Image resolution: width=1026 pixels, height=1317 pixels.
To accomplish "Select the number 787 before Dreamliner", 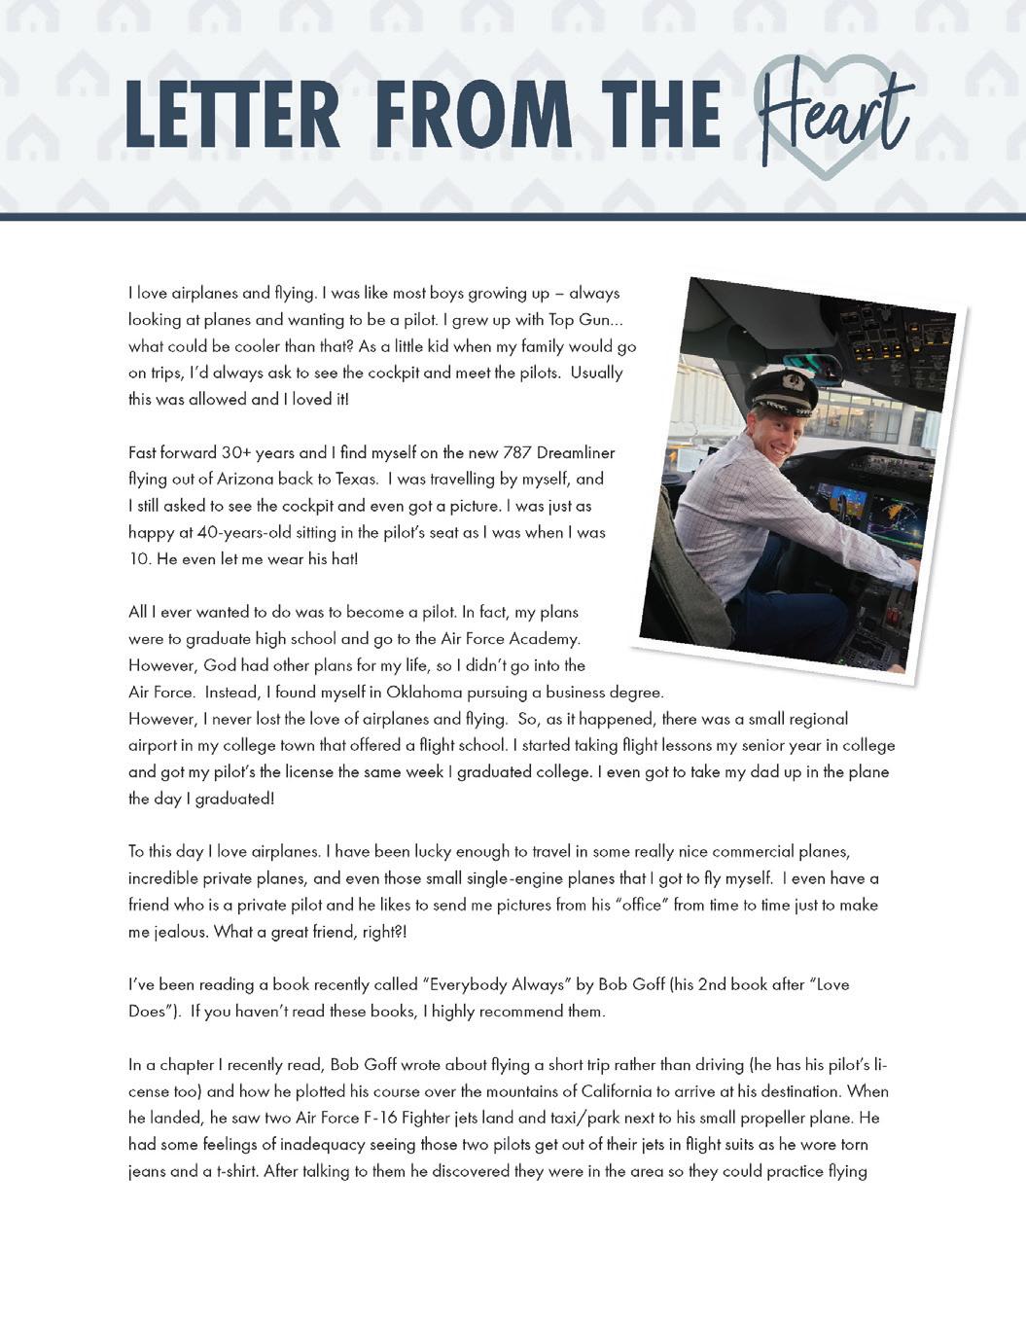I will click(515, 452).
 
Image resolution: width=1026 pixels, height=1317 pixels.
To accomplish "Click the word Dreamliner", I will click(574, 452).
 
